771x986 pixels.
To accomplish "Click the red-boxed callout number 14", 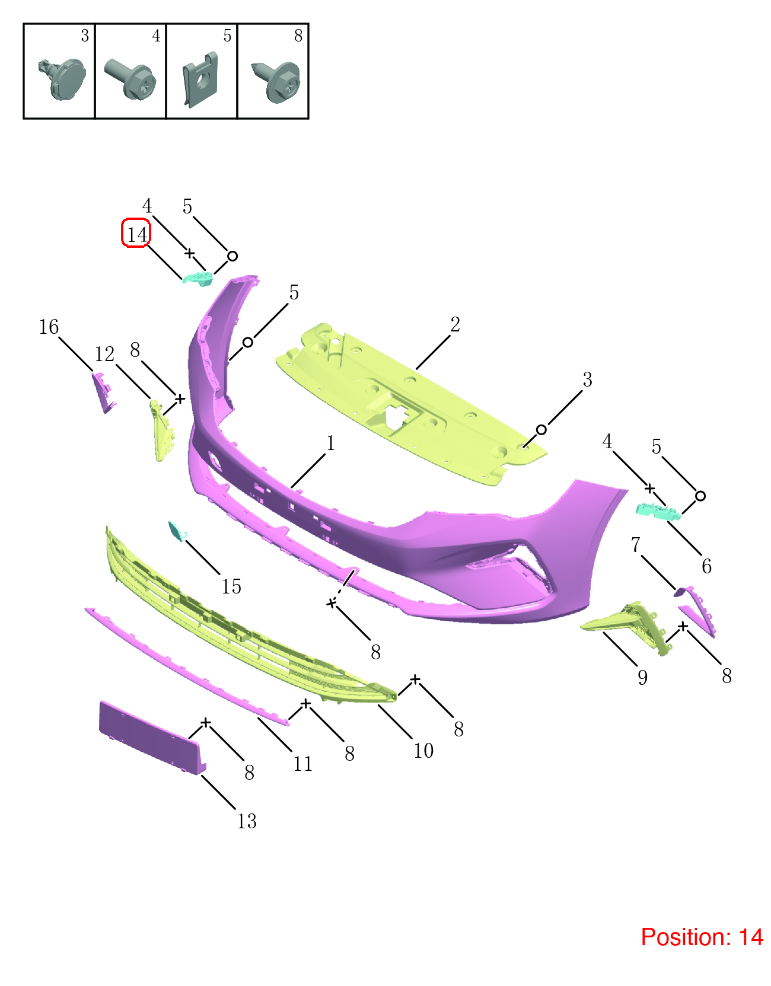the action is pos(136,234).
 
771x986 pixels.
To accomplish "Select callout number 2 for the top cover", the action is pos(455,324).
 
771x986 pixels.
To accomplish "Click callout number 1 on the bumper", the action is pos(331,443).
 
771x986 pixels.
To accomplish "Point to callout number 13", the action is pos(247,821).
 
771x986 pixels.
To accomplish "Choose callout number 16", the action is pos(49,327).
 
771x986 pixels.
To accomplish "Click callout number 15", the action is pos(231,586).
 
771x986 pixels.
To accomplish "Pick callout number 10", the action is pos(423,751).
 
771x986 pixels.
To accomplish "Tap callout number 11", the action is pos(302,764).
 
